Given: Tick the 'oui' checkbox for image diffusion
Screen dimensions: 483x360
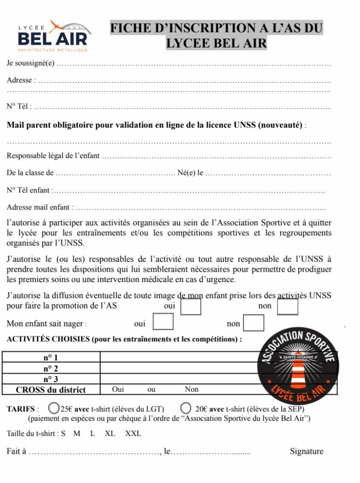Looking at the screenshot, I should coord(191,307).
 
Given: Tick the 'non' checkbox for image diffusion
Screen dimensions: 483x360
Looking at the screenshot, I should coord(287,307).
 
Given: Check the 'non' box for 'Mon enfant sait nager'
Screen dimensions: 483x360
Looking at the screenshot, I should coord(254,323).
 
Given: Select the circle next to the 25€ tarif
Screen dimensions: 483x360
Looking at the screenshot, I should coord(54,408).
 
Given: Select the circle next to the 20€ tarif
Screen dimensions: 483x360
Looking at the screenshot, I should coord(186,408).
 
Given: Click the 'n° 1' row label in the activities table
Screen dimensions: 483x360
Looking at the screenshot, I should coord(51,358).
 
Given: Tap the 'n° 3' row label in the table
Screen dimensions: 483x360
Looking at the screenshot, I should coord(51,379).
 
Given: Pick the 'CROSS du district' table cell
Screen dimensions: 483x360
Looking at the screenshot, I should coord(51,390).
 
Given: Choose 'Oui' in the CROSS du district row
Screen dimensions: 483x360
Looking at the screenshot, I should coord(118,390).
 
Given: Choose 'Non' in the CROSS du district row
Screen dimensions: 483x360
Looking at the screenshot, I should coord(191,390).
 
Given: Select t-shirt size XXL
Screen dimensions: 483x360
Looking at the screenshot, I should coord(133,433).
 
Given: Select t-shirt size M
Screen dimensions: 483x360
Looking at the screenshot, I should coord(77,433).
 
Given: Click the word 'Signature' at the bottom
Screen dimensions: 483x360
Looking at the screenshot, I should coord(306,451).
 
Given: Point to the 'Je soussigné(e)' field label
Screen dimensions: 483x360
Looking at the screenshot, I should coord(31,63).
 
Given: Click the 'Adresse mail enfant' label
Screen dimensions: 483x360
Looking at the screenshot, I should coord(40,207).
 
